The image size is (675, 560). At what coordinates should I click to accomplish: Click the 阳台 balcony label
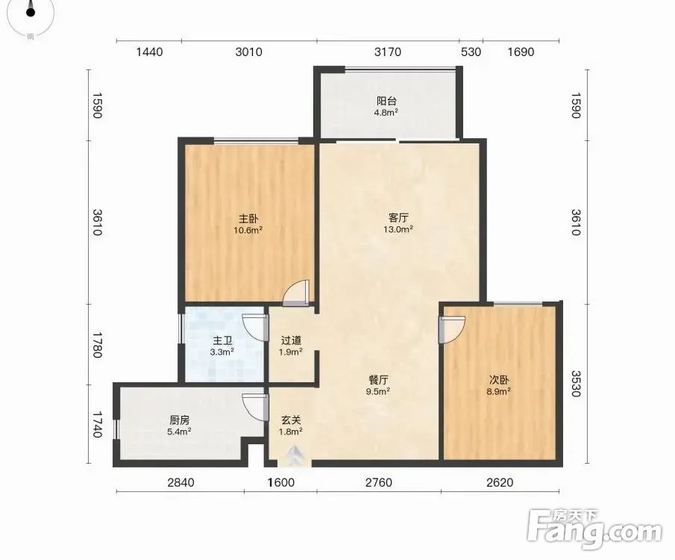pos(386,101)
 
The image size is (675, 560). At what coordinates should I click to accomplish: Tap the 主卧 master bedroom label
pos(248,219)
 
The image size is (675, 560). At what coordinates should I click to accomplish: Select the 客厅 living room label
pos(398,217)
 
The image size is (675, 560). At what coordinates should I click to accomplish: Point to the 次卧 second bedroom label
pos(499,380)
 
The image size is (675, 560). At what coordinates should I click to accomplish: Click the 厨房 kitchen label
pos(179,420)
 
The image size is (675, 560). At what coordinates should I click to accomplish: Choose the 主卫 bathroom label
pos(222,341)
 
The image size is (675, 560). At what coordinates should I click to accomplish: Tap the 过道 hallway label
pos(291,340)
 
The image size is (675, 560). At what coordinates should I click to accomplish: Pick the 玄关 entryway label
pos(291,420)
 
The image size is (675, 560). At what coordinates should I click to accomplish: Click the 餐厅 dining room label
pos(378,380)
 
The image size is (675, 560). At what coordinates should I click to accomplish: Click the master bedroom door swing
pos(296,293)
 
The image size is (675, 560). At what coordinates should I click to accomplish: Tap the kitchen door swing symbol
pos(255,407)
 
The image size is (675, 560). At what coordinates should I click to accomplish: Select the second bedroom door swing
pos(452,330)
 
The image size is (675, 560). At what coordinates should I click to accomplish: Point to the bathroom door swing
pos(255,328)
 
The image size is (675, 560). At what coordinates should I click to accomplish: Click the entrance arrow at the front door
pos(295,455)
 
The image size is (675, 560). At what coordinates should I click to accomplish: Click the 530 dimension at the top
pos(471,52)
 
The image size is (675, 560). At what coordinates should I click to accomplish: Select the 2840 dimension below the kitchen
pos(180,482)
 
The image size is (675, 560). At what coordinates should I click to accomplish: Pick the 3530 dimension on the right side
pos(577,383)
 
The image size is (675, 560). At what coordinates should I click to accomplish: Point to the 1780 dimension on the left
pos(97,344)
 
